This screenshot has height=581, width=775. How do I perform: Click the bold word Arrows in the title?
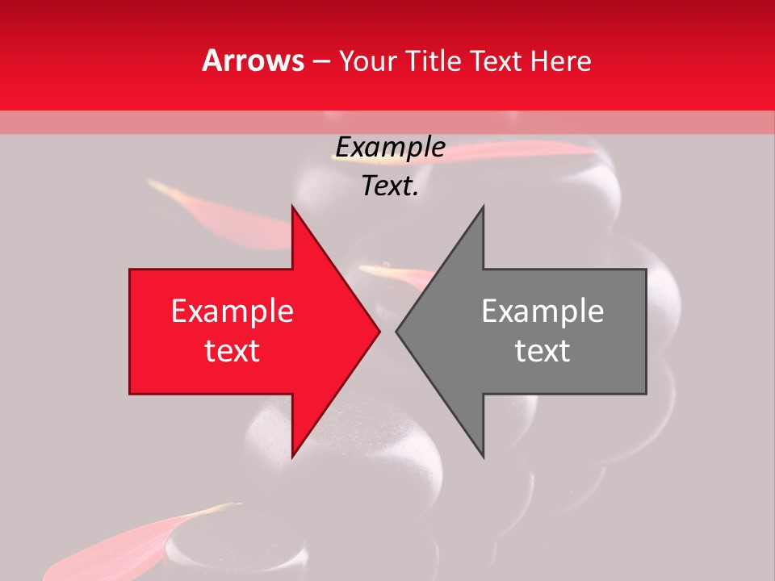[x=253, y=61]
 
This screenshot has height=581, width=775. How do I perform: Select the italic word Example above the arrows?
[x=390, y=148]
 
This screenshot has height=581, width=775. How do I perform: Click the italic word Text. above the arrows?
[x=390, y=186]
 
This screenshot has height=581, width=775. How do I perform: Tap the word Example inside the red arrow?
[x=232, y=311]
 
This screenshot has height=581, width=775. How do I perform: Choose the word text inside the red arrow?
[x=232, y=351]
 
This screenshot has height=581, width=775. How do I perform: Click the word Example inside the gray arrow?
[x=542, y=311]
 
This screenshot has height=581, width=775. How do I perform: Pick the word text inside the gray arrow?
[x=542, y=351]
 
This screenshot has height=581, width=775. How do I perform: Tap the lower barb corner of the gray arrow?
[x=483, y=456]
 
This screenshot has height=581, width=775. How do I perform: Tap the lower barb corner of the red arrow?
[x=292, y=456]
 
